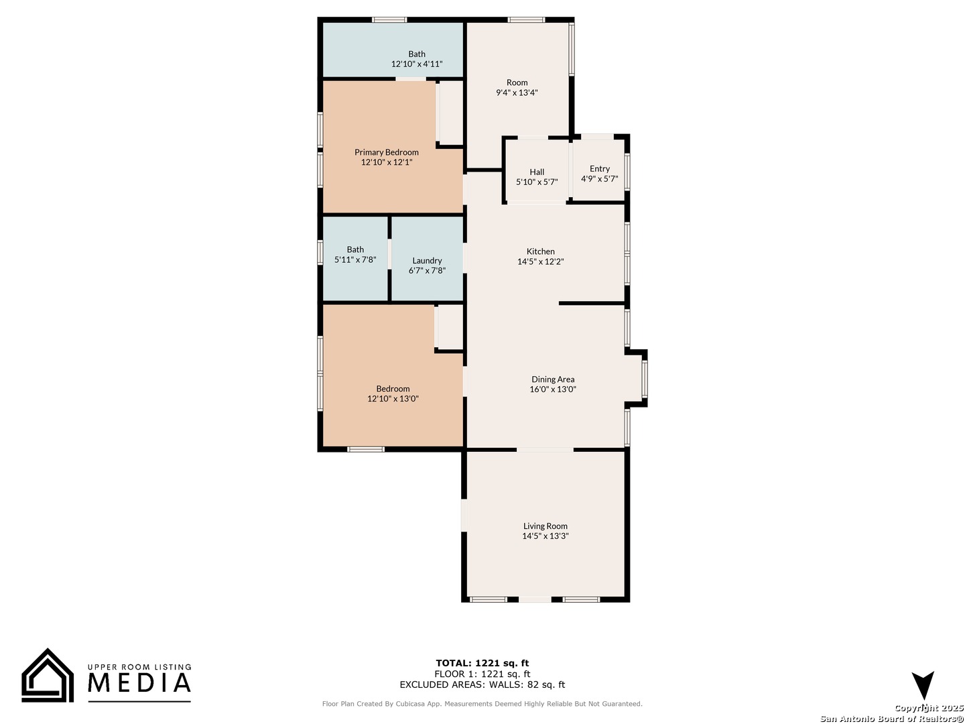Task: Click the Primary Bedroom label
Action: coord(387,152)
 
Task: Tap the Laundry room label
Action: coord(427,261)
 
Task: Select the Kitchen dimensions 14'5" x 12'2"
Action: coord(540,261)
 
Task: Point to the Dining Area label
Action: coord(553,379)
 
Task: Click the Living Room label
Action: coord(545,526)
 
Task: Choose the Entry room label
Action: coord(599,169)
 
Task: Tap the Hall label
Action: coord(537,172)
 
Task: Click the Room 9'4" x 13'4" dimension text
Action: coord(517,93)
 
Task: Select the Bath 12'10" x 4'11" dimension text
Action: coord(417,64)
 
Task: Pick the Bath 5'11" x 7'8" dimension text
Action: coord(355,260)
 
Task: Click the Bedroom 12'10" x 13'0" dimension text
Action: coord(393,399)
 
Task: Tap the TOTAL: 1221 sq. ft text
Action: coord(482,663)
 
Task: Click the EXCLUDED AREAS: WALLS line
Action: coord(482,684)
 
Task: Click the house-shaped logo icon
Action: coord(48,675)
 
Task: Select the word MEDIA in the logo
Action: coord(139,682)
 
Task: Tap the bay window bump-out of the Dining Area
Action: coord(636,378)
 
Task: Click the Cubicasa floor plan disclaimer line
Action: coord(482,704)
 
